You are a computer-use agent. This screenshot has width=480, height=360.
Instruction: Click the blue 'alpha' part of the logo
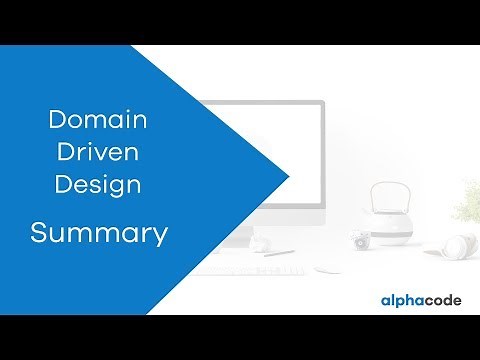pos(403,300)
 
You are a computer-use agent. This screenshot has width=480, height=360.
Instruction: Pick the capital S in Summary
pos(38,234)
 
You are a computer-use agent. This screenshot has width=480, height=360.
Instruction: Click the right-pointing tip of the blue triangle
pos(288,178)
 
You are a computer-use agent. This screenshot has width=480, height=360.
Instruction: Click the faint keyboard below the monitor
pos(250,267)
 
